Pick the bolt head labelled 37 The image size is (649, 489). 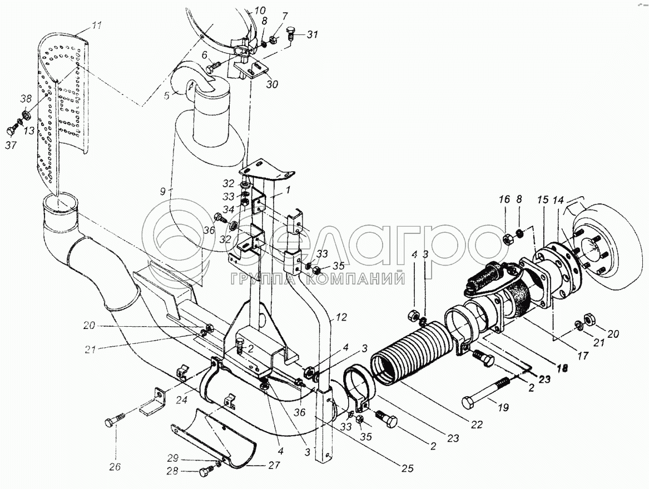click(11, 132)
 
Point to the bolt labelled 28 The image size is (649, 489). click(203, 473)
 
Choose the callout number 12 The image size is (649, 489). click(341, 317)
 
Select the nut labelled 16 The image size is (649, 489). click(508, 239)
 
